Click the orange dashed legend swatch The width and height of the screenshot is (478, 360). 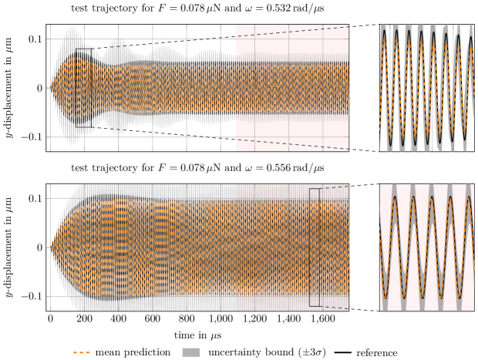82,352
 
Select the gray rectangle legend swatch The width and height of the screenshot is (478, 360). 191,352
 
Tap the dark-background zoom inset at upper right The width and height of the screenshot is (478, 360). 426,87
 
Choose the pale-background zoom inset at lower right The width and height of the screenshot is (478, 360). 426,247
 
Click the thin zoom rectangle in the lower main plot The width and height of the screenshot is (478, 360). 315,247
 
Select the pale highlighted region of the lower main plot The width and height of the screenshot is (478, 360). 292,247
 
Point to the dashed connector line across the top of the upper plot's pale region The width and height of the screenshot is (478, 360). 293,32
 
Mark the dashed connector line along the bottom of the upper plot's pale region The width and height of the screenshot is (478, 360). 293,144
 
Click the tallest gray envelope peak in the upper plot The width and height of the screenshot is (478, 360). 71,31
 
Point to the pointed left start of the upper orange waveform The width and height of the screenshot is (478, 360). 51,88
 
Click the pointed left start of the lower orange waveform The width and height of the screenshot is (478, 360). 52,247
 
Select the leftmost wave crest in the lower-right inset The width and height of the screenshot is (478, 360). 396,197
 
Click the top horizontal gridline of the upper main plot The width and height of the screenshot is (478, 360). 154,39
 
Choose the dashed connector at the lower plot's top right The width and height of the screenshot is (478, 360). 335,187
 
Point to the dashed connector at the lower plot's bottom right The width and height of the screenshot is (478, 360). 335,308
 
